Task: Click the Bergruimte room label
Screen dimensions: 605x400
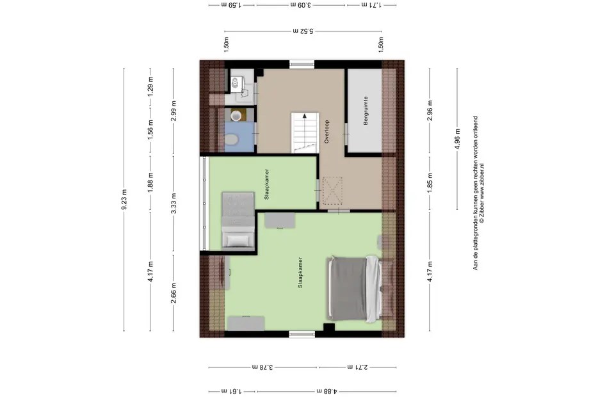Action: coord(366,111)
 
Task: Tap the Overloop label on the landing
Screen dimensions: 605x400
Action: coord(327,132)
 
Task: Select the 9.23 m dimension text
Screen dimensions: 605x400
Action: coord(124,200)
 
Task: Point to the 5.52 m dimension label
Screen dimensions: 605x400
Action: coord(303,31)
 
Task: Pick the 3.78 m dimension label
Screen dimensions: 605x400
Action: coord(262,367)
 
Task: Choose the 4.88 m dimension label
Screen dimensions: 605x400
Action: coord(327,391)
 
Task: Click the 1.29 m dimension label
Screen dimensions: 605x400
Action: coord(150,86)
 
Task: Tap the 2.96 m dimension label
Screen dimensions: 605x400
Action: coord(430,111)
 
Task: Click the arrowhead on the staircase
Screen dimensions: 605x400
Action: coord(305,115)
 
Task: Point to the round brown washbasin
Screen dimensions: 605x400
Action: coord(236,115)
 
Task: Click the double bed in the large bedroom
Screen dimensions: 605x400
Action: coord(354,289)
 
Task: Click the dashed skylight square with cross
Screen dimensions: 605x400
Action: coord(332,190)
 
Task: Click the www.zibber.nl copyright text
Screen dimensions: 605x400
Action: coord(482,193)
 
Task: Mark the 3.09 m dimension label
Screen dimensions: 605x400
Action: coord(301,5)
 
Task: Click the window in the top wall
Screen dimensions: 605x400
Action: coord(302,64)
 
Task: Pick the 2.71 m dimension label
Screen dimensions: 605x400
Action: coord(357,367)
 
